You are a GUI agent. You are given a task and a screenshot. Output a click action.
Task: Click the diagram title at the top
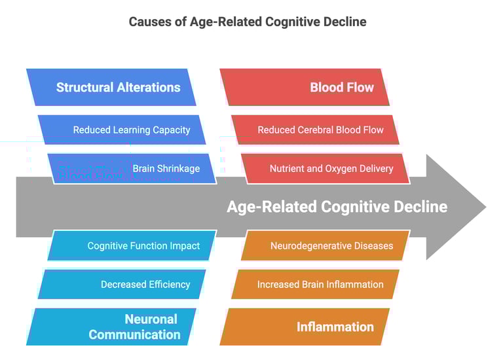pos(248,22)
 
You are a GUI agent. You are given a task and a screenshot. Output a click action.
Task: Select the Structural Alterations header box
pos(111,87)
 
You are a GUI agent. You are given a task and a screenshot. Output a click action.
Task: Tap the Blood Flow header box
pos(305,87)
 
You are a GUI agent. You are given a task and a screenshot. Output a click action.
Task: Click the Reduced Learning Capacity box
pos(122,130)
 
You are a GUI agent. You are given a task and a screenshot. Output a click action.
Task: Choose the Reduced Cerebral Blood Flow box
pos(316,130)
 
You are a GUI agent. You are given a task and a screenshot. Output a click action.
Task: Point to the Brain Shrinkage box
pos(131,168)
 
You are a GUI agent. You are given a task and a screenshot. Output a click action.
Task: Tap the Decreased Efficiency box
pos(122,284)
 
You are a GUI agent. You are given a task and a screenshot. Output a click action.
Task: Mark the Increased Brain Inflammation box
pos(316,284)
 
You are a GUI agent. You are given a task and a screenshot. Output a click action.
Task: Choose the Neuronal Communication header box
pos(111,327)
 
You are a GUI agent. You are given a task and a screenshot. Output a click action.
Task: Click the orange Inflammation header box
pos(305,327)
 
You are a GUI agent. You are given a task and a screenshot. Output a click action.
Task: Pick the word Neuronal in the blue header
pos(151,319)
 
